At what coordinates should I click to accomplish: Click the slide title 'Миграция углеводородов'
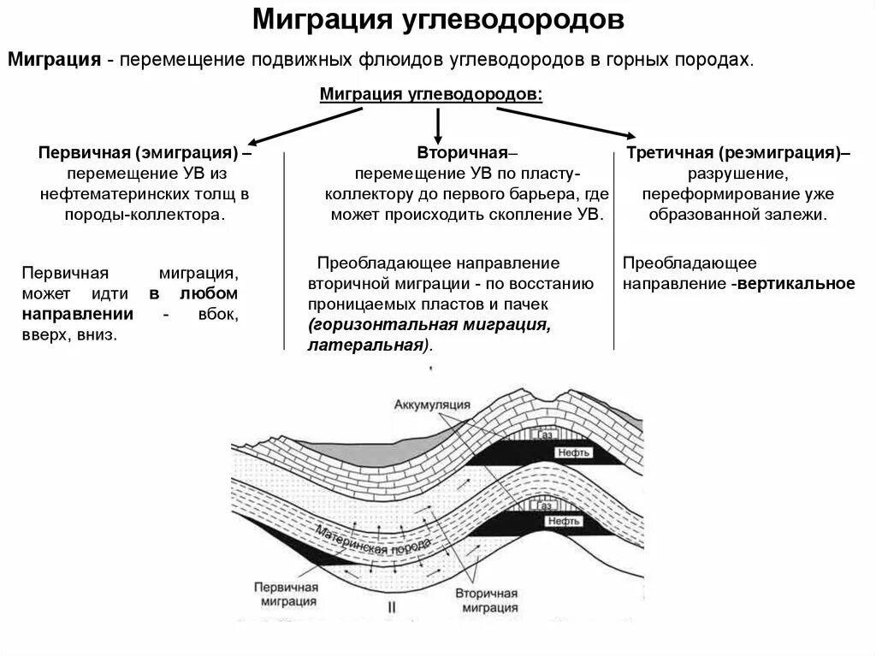tap(437, 21)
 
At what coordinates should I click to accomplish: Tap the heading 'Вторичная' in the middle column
tap(463, 153)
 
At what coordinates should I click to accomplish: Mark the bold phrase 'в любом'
tap(193, 293)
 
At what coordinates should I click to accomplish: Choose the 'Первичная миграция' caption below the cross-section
tap(286, 594)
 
